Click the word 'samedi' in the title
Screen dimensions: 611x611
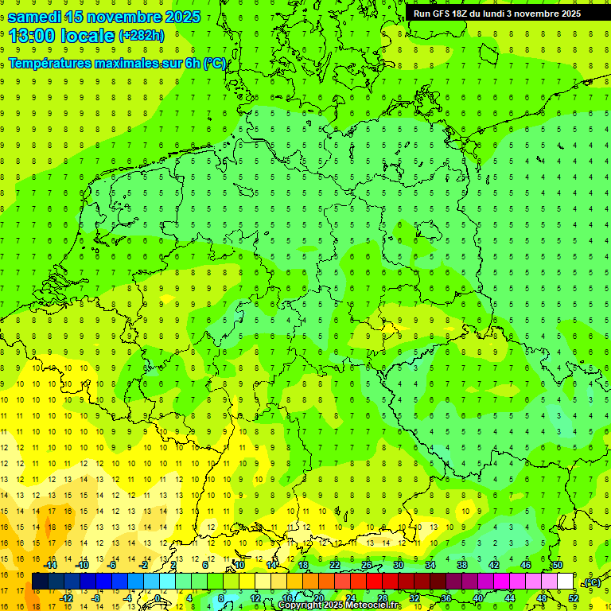click(x=40, y=17)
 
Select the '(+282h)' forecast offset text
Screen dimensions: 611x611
click(x=141, y=35)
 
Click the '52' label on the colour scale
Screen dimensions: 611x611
click(x=574, y=598)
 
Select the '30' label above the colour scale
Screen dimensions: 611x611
click(x=398, y=565)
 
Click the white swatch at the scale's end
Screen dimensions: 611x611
click(x=565, y=582)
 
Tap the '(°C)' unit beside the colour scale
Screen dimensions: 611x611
click(x=591, y=582)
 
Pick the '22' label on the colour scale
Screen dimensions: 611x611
click(x=334, y=565)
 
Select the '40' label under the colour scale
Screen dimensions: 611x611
click(x=477, y=598)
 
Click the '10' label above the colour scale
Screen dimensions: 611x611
click(x=239, y=565)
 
